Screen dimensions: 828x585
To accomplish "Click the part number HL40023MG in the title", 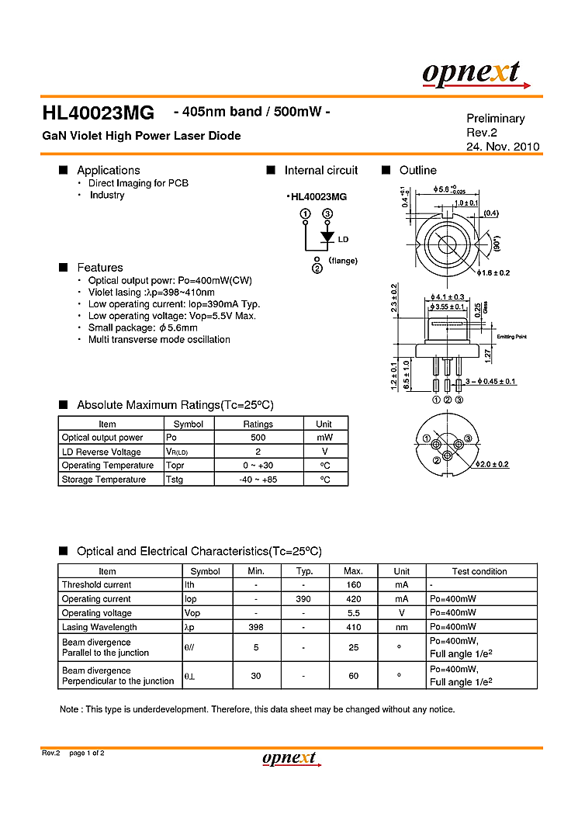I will tap(98, 113).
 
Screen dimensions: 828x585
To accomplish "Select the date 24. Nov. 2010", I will tap(502, 147).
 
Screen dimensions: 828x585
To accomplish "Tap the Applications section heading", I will tap(108, 170).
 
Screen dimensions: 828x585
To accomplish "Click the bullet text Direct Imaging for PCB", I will tap(138, 183).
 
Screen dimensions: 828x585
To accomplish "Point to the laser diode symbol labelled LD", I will tap(327, 237).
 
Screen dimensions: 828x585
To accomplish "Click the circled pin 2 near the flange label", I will tap(317, 269).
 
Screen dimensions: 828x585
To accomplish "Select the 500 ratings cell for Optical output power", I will tap(258, 438).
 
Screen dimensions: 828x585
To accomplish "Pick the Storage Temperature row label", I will tap(103, 480).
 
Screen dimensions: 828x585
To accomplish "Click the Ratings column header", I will tap(258, 424).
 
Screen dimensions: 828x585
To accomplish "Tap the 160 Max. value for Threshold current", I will tap(353, 585).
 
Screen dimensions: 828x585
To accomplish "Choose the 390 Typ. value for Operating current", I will tap(304, 599).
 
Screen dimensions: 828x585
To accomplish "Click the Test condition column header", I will tap(479, 571).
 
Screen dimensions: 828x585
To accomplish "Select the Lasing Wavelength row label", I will tap(99, 627).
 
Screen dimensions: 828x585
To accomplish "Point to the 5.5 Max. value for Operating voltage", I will tap(353, 613).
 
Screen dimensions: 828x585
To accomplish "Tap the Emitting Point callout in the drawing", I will tap(511, 336).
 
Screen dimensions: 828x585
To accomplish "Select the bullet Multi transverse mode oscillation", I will tap(159, 339).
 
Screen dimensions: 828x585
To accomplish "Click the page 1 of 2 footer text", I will tap(86, 754).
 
